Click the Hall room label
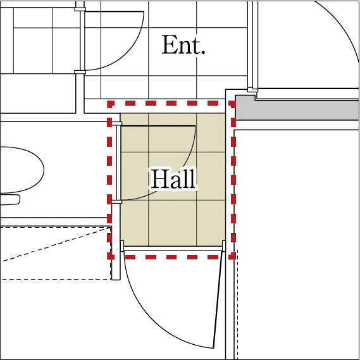[x=174, y=178]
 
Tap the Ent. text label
[x=183, y=45]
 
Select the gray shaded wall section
[x=297, y=108]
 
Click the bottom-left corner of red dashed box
[x=109, y=257]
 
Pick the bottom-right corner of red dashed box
[x=233, y=257]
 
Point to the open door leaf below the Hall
[x=218, y=300]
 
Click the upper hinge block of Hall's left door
[x=116, y=124]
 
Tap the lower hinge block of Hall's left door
[x=116, y=202]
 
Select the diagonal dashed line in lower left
[x=57, y=244]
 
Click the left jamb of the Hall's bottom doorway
[x=122, y=246]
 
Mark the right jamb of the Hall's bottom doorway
[x=223, y=246]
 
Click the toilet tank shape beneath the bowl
[x=10, y=199]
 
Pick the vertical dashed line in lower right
[x=237, y=305]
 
